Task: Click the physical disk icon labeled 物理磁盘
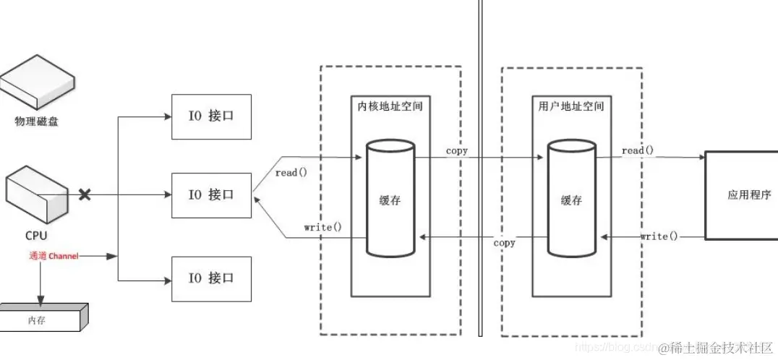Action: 36,85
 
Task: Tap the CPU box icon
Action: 36,194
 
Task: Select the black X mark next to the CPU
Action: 85,194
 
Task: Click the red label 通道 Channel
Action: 54,256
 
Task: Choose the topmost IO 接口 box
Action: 211,116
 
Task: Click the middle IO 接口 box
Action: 211,195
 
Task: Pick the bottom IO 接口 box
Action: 211,278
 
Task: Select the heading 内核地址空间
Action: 390,106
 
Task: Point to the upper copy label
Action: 456,151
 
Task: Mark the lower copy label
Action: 504,243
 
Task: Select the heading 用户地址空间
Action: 570,106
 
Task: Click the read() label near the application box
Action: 637,150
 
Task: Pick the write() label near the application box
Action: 659,236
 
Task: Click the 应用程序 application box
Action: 740,195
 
